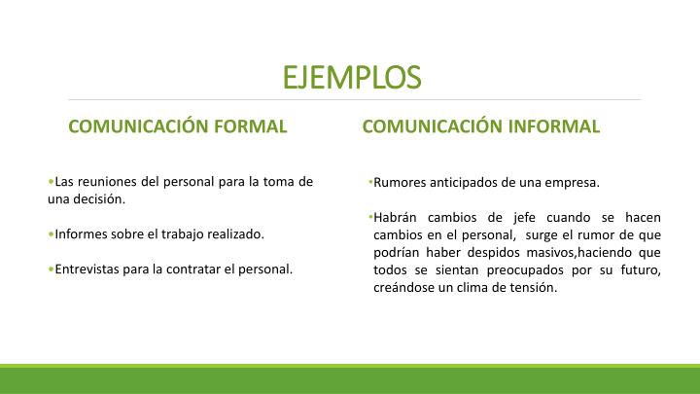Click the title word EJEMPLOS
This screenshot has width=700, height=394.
[358, 76]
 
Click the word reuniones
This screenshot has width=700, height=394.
[109, 182]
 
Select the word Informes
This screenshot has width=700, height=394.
[81, 234]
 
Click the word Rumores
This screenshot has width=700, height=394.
[400, 182]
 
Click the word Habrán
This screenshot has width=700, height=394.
[396, 217]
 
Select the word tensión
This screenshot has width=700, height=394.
[533, 287]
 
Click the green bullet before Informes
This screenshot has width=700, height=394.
[50, 234]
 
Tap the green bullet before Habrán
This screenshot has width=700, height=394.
[371, 217]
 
